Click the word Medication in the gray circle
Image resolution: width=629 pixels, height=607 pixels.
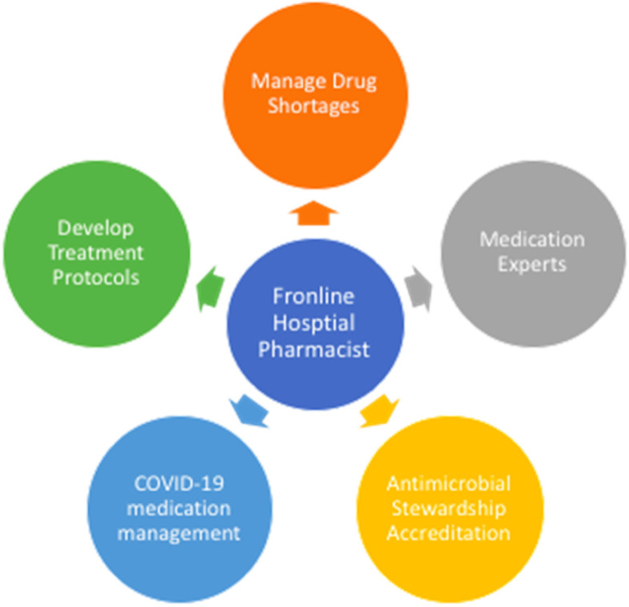coord(531,239)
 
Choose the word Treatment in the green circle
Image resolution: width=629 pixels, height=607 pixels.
coord(97,253)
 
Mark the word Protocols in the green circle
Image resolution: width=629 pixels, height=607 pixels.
coord(97,277)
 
